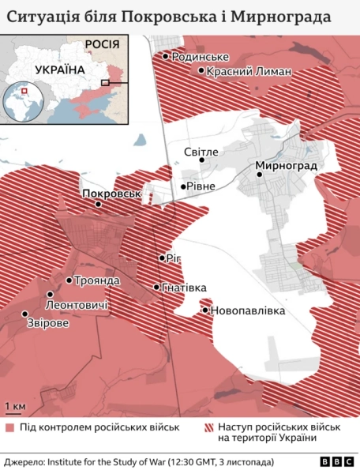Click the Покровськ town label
(111, 193)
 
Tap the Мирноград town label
(286, 167)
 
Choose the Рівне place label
(198, 187)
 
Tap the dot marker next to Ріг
(162, 258)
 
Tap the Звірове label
(47, 324)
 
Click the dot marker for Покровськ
(98, 204)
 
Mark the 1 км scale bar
(15, 412)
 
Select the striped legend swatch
(209, 427)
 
